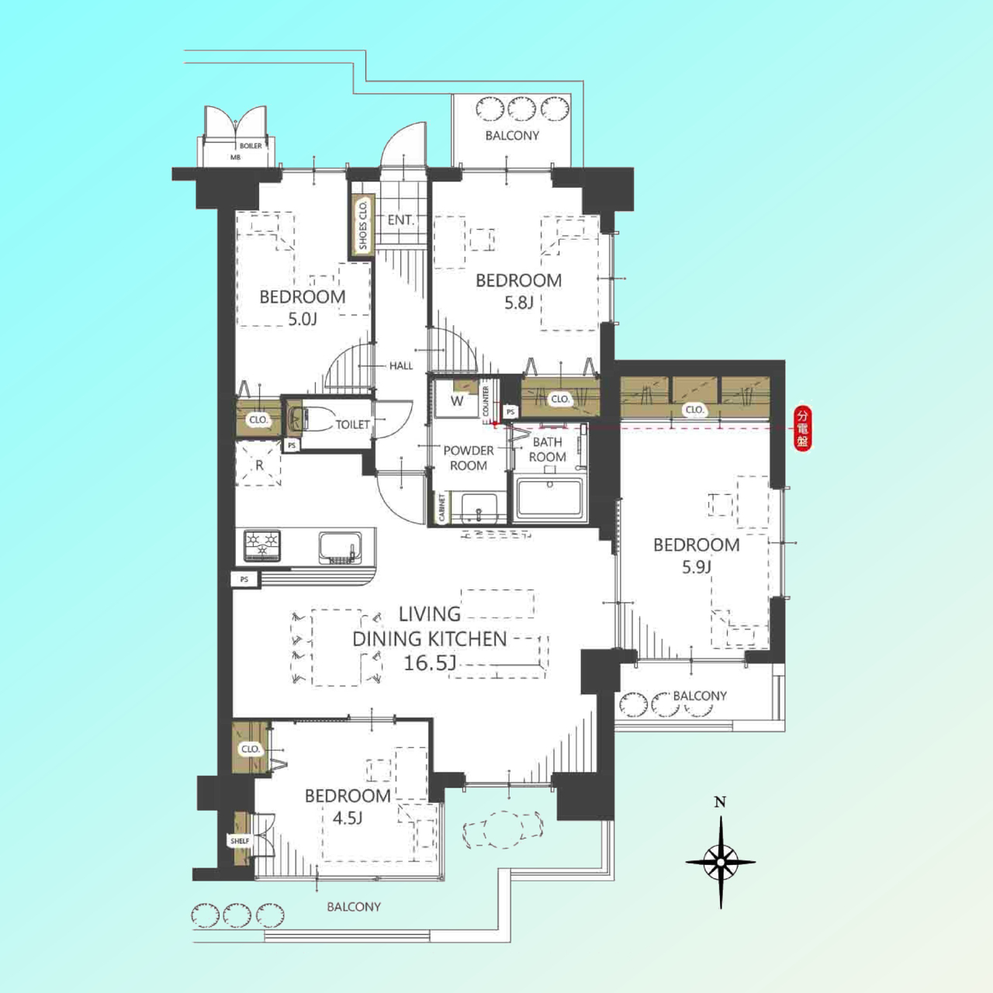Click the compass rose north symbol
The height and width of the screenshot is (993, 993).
tap(721, 861)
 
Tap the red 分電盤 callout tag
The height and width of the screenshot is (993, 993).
tap(802, 429)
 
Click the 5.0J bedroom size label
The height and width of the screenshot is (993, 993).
tap(302, 320)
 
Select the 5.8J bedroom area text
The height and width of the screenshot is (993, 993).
tap(518, 303)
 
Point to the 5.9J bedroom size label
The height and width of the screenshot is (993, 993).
tap(696, 567)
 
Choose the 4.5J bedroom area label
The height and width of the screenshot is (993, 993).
tap(348, 818)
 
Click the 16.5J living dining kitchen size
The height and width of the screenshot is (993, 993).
tap(430, 663)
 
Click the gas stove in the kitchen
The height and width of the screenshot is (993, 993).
tap(262, 545)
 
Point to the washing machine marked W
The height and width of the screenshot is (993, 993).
tap(457, 400)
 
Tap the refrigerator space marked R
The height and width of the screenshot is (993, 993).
tap(258, 464)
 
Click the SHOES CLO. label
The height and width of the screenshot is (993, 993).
tap(363, 225)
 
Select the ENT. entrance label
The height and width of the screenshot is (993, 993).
tap(401, 220)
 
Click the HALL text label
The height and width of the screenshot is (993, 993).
tap(401, 366)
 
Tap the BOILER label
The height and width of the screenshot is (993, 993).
tap(251, 146)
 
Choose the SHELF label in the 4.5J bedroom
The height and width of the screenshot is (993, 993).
tap(240, 840)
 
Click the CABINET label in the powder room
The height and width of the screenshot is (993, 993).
tap(441, 507)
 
